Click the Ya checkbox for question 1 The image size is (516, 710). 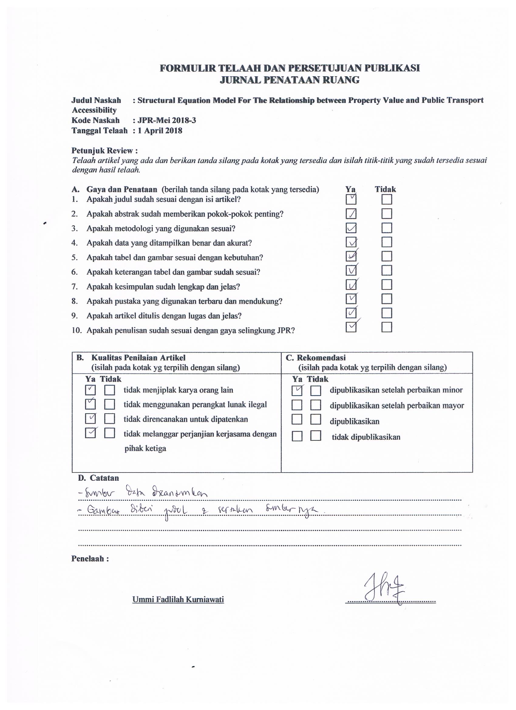(351, 200)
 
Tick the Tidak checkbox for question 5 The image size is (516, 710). (387, 256)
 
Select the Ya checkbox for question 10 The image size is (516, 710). (351, 327)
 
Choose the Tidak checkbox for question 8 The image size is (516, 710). (387, 299)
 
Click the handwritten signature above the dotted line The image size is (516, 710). (384, 588)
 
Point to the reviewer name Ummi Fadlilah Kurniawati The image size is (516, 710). (178, 599)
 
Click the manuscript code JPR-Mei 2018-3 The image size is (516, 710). (167, 121)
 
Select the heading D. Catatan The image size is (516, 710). (99, 478)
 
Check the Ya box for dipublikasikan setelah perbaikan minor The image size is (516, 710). (297, 391)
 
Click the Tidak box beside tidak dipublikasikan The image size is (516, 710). (316, 436)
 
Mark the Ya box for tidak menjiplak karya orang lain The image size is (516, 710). (90, 390)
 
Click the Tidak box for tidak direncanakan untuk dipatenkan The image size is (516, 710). (110, 419)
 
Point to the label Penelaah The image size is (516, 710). (90, 559)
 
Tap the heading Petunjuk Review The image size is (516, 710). (104, 151)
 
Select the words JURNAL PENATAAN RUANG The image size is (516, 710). (290, 80)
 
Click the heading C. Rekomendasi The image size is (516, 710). (315, 358)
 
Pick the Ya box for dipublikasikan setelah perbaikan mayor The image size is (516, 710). (297, 405)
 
